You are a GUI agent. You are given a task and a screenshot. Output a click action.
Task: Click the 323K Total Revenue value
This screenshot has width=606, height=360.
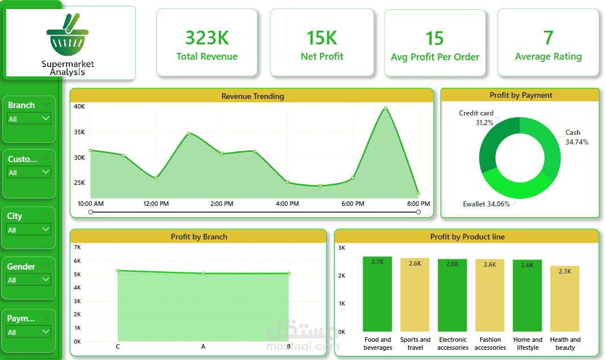coord(207,38)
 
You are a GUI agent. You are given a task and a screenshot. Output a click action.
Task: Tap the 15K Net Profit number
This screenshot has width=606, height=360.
coord(322,38)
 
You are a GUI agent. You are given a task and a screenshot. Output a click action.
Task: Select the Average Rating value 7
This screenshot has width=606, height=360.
coord(548,38)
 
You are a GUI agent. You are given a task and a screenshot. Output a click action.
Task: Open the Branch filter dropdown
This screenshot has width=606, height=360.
coord(29,119)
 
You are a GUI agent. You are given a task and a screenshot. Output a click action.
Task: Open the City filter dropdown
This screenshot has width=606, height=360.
coord(29,230)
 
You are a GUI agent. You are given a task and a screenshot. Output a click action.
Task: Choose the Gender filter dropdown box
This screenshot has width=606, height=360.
coord(29,280)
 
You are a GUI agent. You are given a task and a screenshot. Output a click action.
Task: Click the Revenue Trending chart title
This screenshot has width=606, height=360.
coord(252,96)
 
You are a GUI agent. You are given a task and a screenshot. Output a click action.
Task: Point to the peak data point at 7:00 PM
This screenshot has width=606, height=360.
coord(385,108)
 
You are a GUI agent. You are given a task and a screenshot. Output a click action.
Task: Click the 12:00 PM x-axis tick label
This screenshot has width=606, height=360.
coord(156,204)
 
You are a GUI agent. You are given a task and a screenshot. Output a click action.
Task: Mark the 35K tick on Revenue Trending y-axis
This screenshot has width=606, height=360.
coord(79,132)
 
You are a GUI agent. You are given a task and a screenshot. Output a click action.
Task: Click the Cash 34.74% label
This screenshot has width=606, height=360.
coord(575,137)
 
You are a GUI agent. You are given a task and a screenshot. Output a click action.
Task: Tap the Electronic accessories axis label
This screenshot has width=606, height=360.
coord(453,344)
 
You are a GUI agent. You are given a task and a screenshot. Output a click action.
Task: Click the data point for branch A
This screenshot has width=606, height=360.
coord(203,274)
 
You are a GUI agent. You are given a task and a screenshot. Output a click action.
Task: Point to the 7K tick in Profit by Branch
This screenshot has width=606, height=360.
coord(77,247)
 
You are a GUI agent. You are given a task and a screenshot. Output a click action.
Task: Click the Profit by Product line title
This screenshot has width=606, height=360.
coord(467,237)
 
